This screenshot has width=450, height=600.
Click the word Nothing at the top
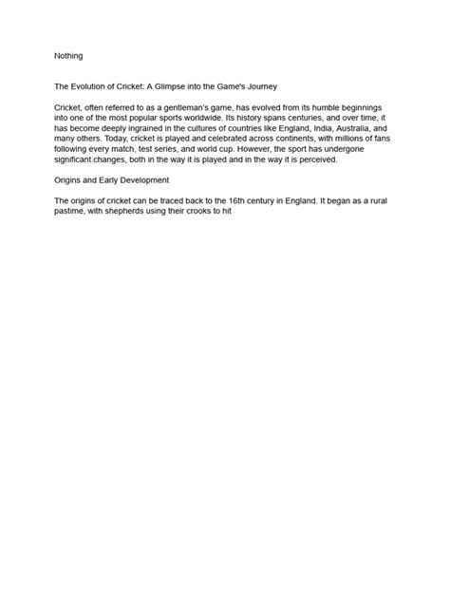tap(68, 56)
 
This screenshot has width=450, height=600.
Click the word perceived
tap(330, 159)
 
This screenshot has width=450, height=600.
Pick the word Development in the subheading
tap(142, 180)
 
